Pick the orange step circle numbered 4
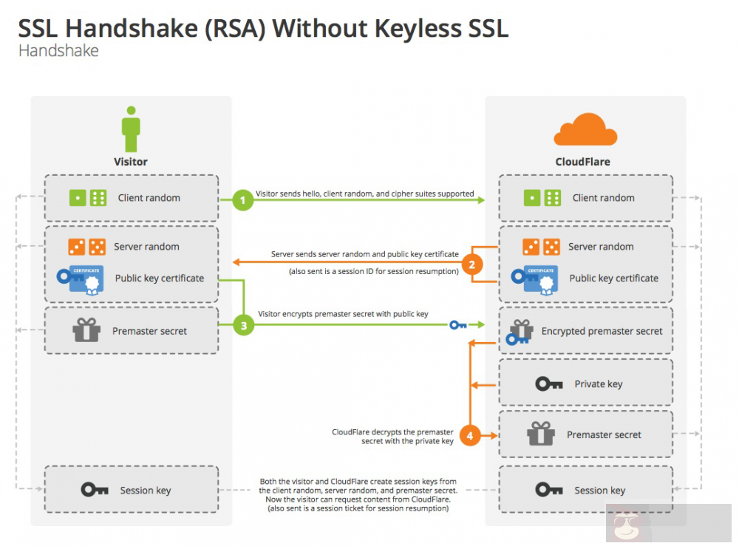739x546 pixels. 470,435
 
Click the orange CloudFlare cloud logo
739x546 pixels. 585,131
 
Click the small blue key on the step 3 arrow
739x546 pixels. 458,324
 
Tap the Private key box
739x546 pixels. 585,383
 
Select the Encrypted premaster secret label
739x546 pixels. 602,331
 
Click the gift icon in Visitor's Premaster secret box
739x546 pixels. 86,330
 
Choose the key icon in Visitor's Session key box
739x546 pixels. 95,490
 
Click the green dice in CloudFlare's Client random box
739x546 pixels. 542,198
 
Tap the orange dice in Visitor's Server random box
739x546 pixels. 86,247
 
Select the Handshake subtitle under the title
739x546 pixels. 58,51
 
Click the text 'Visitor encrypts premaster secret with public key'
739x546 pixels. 343,314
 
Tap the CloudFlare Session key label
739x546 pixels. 599,491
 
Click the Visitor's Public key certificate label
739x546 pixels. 159,279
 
